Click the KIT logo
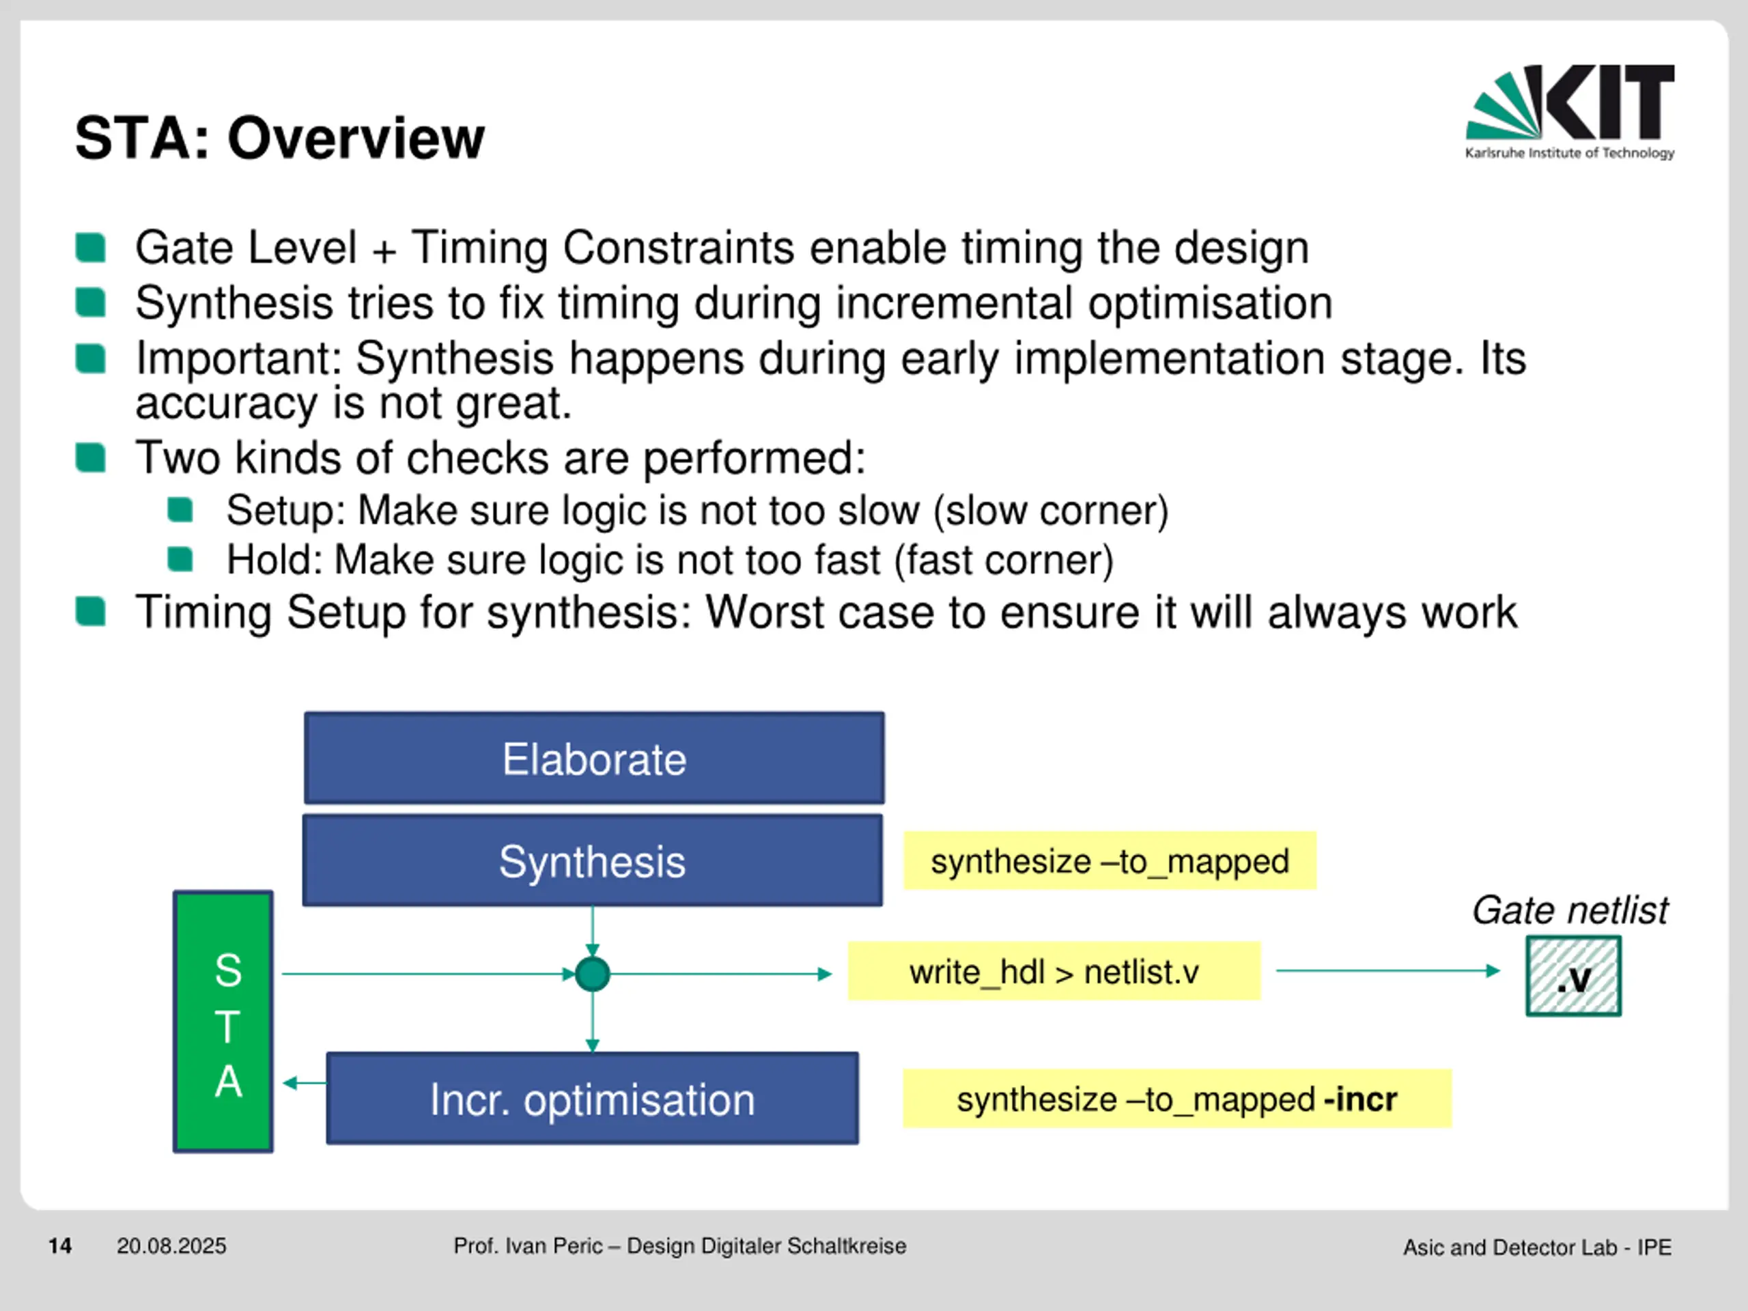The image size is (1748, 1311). (x=1569, y=112)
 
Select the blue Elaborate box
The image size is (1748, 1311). (x=594, y=758)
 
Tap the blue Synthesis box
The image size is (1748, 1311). (x=593, y=860)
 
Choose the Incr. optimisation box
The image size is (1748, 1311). (x=593, y=1099)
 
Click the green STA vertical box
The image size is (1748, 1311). (x=224, y=1021)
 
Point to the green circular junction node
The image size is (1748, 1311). (x=593, y=974)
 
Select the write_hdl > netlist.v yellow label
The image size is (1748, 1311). (x=1054, y=971)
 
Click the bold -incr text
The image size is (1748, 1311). (x=1360, y=1099)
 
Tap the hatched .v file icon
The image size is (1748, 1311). (x=1573, y=976)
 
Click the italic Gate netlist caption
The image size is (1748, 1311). (x=1570, y=910)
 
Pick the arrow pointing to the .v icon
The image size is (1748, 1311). (x=1388, y=970)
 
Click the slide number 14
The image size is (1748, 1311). (x=60, y=1246)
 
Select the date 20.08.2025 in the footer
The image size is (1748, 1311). (x=171, y=1246)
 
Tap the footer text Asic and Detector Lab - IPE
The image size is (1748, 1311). (x=1537, y=1247)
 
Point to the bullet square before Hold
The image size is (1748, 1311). (x=180, y=559)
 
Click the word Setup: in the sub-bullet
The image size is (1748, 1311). (x=286, y=511)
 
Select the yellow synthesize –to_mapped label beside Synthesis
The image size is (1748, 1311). (x=1110, y=860)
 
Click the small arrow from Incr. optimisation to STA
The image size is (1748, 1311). (x=305, y=1083)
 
